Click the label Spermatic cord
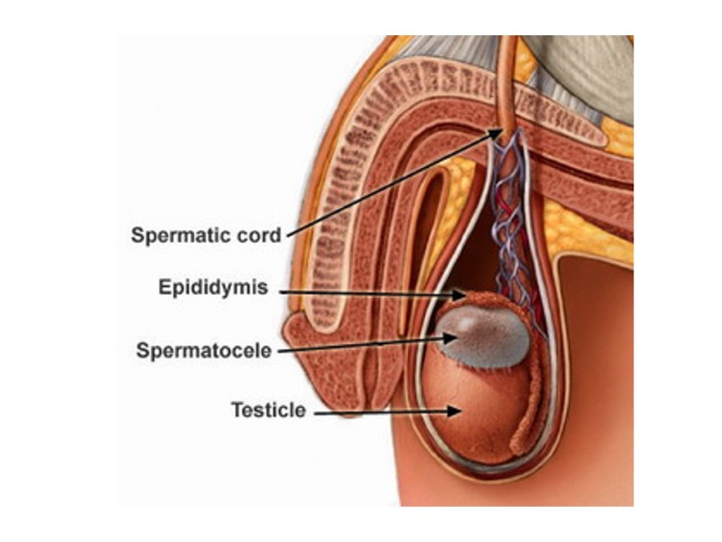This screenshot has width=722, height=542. pyautogui.click(x=206, y=236)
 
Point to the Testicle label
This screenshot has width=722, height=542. pyautogui.click(x=268, y=410)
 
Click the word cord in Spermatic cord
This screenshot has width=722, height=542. pyautogui.click(x=262, y=236)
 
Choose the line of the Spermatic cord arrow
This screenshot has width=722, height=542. pyautogui.click(x=388, y=185)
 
